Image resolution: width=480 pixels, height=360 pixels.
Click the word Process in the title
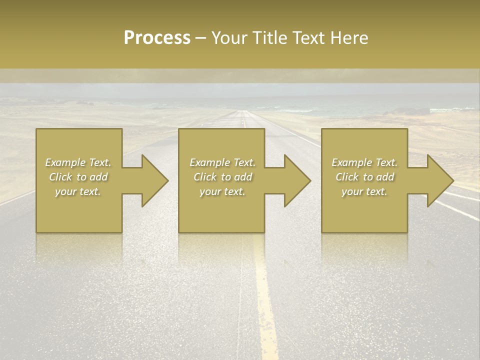pos(157,38)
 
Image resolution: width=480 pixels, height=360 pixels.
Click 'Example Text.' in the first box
pos(78,162)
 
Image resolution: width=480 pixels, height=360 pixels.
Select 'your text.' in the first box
pos(78,191)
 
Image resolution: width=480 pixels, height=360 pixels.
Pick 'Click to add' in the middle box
pos(222,177)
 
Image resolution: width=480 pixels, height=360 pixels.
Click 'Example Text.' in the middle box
pos(222,162)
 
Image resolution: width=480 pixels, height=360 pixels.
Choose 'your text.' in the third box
pos(364,191)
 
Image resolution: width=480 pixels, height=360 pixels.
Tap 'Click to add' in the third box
pos(364,177)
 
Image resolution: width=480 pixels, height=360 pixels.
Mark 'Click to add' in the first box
pos(78,177)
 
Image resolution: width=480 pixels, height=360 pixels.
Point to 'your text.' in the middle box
pos(222,191)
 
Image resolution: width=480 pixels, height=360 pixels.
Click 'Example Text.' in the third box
pos(364,162)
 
